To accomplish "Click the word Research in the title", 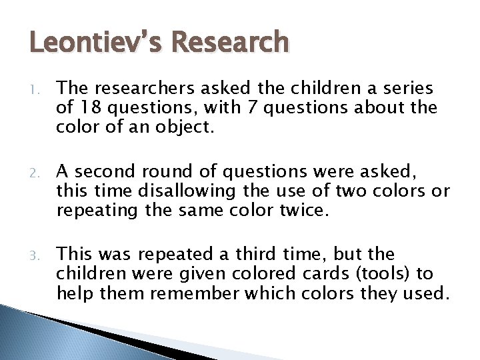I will (229, 43).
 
